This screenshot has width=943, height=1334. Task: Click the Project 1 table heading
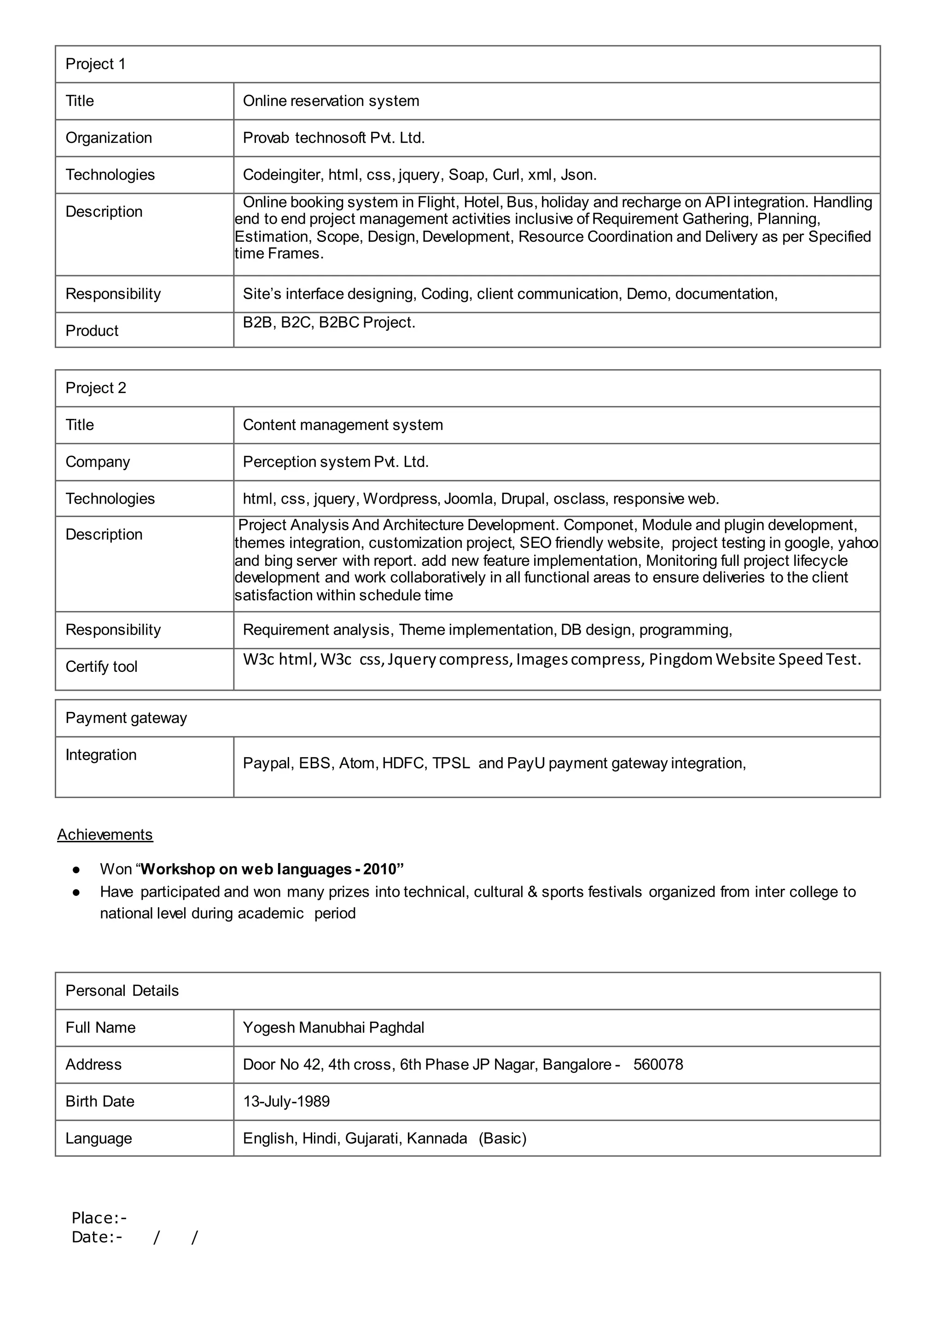pyautogui.click(x=95, y=64)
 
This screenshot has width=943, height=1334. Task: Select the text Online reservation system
pyautogui.click(x=331, y=101)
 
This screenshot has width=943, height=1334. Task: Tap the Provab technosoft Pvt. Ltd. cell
pyautogui.click(x=333, y=138)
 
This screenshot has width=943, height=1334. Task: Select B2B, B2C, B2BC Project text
pyautogui.click(x=329, y=323)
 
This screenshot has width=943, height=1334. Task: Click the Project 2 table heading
pyautogui.click(x=95, y=388)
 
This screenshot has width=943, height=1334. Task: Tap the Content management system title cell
pyautogui.click(x=343, y=425)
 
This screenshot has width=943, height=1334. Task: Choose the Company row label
pyautogui.click(x=98, y=462)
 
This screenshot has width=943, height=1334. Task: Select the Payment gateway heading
pyautogui.click(x=126, y=718)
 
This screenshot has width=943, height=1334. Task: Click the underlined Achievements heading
pyautogui.click(x=105, y=834)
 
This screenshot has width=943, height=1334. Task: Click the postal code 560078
pyautogui.click(x=658, y=1064)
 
